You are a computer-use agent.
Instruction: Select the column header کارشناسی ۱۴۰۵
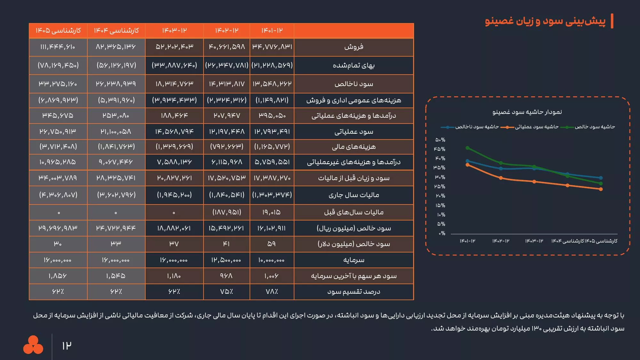click(x=58, y=31)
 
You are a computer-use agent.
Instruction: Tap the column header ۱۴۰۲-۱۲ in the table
click(x=227, y=31)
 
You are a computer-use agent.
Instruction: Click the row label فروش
click(x=354, y=47)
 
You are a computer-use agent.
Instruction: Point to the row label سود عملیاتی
click(x=354, y=132)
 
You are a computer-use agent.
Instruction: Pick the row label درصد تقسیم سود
click(x=354, y=292)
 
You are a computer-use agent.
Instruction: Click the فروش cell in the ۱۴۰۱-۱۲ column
click(x=272, y=47)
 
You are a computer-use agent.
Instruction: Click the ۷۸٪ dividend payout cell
click(x=272, y=292)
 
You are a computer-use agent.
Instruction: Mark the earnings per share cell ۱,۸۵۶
click(x=58, y=276)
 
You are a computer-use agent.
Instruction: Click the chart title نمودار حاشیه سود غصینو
click(x=527, y=112)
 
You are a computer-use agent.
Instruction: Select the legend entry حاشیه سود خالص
click(x=595, y=127)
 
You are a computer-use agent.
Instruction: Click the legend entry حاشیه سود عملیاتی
click(x=536, y=127)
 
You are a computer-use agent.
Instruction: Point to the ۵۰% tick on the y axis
click(x=440, y=140)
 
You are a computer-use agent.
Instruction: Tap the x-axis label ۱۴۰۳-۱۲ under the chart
click(x=534, y=241)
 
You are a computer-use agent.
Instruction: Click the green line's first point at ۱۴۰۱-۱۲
click(x=468, y=148)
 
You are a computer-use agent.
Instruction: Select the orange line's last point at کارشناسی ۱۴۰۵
click(x=601, y=189)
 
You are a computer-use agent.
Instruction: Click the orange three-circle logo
click(x=33, y=345)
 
